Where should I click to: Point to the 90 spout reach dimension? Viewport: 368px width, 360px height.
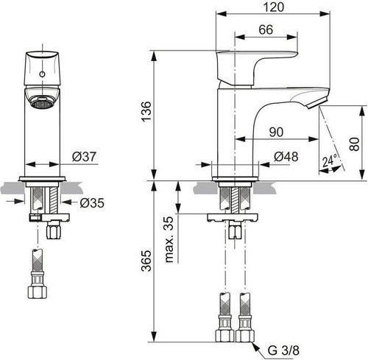[276, 133]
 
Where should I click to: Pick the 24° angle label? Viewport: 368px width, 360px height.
[329, 160]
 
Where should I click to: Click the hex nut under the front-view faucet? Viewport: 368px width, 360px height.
[52, 232]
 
